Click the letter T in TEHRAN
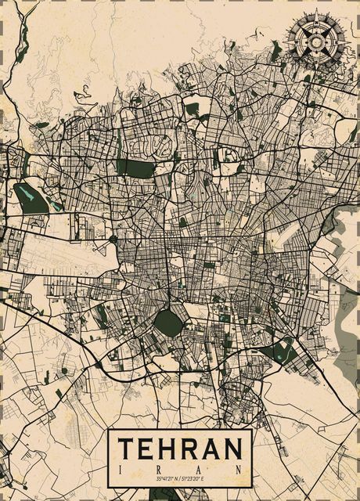click(126, 449)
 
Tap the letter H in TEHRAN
click(168, 449)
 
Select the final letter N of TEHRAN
click(232, 449)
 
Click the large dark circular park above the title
click(167, 320)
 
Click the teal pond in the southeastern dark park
click(279, 353)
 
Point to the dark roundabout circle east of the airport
click(113, 239)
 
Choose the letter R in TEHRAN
click(190, 449)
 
